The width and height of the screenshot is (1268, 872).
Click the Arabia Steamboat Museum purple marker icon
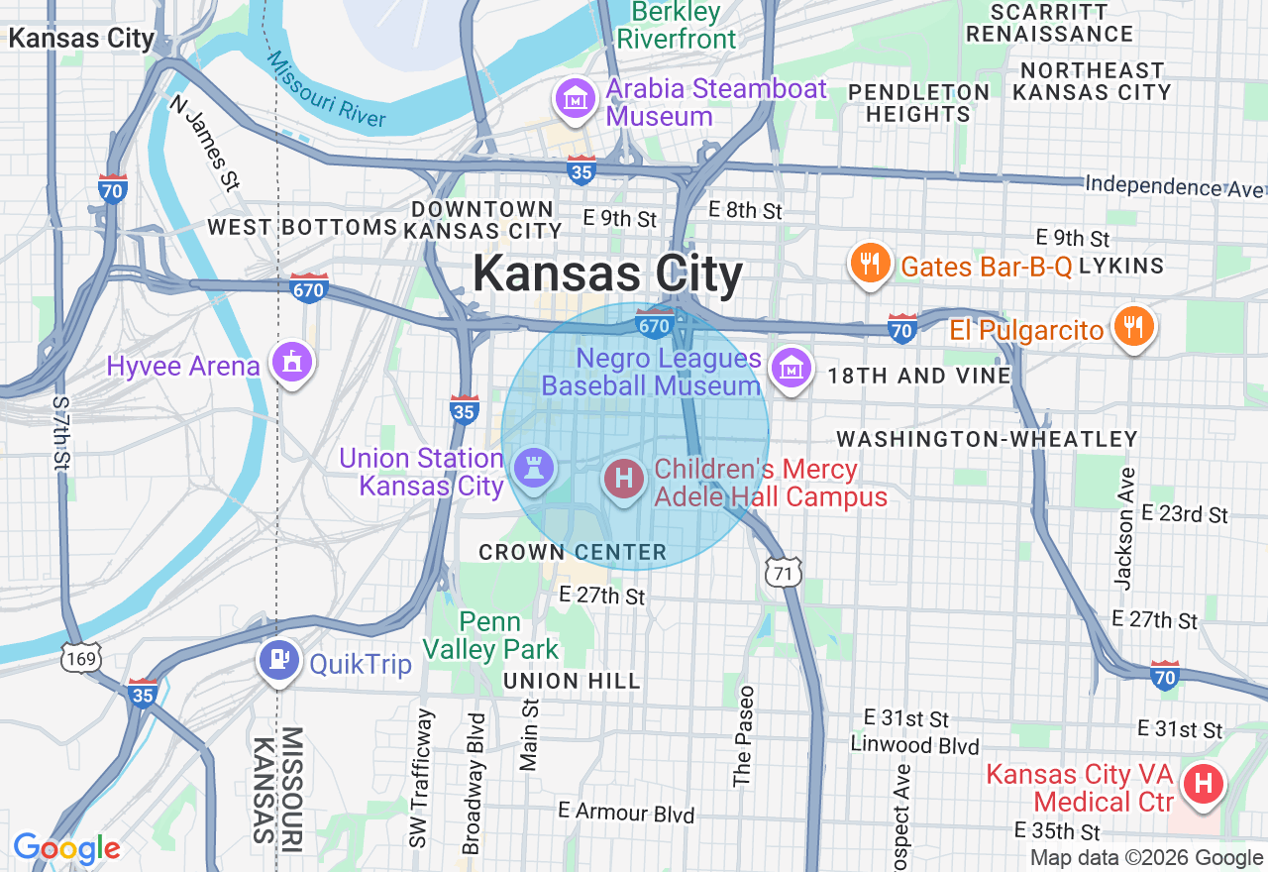[576, 99]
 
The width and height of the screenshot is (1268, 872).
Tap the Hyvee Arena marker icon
[291, 364]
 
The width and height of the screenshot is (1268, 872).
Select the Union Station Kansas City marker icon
[535, 470]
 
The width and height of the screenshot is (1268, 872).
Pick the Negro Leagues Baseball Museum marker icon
[791, 370]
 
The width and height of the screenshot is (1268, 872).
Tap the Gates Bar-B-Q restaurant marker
[869, 265]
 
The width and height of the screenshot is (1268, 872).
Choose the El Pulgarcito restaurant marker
[1132, 327]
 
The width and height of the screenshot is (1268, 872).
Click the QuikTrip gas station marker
[278, 660]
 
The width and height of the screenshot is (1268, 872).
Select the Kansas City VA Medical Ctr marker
[1204, 785]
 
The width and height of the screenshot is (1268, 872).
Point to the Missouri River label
[326, 88]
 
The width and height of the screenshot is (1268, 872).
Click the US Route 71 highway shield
[783, 573]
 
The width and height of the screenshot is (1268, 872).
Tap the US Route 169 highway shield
[79, 658]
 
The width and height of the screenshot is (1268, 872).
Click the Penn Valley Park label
[490, 635]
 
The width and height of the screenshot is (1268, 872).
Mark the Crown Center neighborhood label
[573, 552]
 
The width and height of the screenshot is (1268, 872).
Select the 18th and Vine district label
[919, 376]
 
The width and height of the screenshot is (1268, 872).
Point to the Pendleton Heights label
[918, 103]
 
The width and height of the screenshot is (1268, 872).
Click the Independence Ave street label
[1174, 185]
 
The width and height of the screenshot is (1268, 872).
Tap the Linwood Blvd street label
[915, 745]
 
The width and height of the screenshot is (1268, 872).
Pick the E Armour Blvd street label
[626, 813]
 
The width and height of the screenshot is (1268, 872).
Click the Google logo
[66, 848]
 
